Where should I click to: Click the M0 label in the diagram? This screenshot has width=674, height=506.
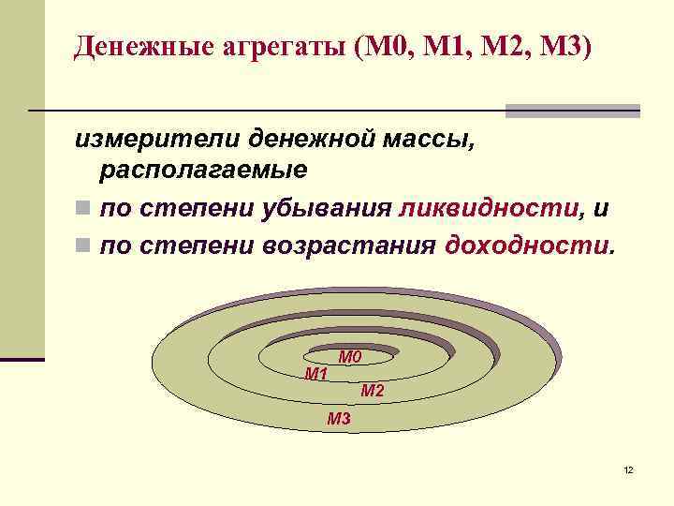click(x=349, y=357)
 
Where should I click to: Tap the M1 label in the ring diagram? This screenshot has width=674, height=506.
click(x=316, y=375)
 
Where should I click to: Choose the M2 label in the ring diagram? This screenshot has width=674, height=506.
click(x=372, y=391)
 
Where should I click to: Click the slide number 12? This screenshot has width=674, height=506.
click(x=628, y=469)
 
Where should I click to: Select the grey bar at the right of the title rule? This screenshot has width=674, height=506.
click(x=572, y=111)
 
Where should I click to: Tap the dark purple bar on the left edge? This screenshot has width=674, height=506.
click(x=22, y=359)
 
